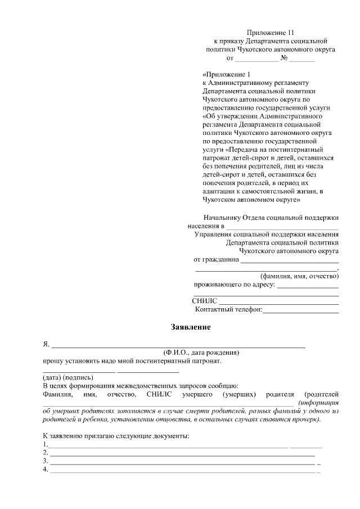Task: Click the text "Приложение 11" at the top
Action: pos(271,33)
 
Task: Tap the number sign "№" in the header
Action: pos(285,58)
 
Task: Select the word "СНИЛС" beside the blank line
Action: pos(204,301)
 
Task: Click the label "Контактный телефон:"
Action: pos(228,309)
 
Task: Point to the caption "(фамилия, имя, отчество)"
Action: pos(299,276)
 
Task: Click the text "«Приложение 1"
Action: pos(225,74)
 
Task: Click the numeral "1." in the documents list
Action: pos(46,444)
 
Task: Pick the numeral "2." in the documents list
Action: pos(46,453)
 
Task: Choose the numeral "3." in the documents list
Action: pos(46,461)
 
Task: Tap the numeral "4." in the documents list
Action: pos(46,470)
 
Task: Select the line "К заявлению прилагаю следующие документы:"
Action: pos(116,436)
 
